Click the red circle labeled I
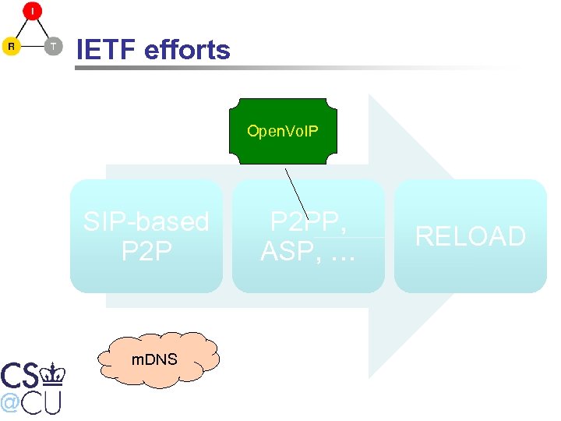click(x=32, y=12)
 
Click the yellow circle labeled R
click(x=11, y=47)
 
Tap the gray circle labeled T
click(x=52, y=47)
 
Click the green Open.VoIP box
click(x=282, y=131)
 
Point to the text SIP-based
click(x=146, y=222)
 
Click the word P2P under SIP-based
click(x=146, y=252)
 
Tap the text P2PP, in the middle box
click(x=308, y=222)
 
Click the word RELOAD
click(x=470, y=236)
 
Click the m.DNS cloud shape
click(x=154, y=359)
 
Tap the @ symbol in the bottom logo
click(x=10, y=403)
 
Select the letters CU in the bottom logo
click(x=43, y=403)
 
